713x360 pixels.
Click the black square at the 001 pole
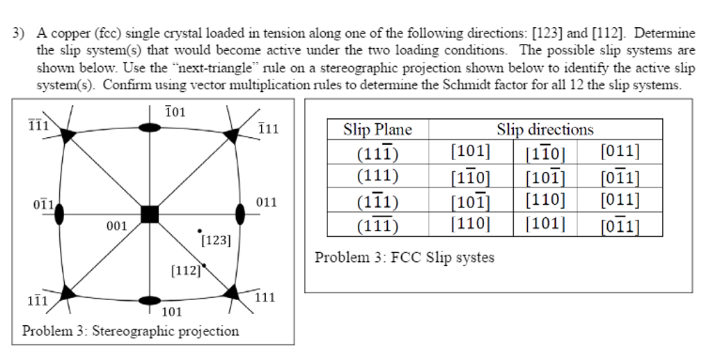pos(150,214)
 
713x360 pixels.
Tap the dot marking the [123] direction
pos(200,231)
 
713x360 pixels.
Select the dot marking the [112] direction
pos(204,265)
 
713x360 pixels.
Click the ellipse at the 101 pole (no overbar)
pos(150,300)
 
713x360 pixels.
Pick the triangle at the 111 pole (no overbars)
pos(231,292)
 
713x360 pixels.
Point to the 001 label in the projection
pos(117,226)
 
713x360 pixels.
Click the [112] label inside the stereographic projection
pos(186,271)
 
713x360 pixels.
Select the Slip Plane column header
pos(377,130)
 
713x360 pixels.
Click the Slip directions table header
pos(544,130)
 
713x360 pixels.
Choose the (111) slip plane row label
pos(377,175)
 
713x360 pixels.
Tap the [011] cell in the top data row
pos(620,151)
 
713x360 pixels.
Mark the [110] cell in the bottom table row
pos(470,224)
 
